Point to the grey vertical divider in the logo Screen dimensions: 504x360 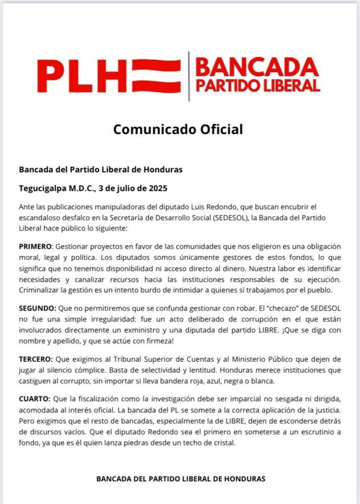point(189,76)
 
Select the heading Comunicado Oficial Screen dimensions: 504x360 point(178,129)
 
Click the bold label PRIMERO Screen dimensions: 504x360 point(37,246)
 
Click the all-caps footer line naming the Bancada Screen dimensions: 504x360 point(180,478)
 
